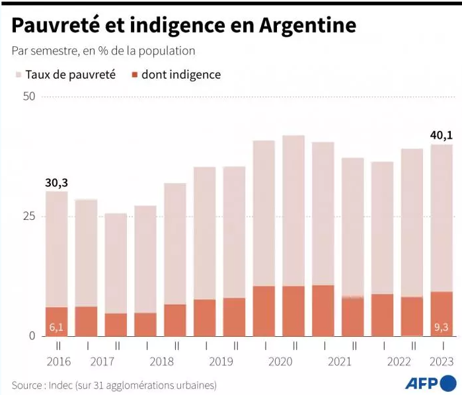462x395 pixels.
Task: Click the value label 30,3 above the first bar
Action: pyautogui.click(x=56, y=182)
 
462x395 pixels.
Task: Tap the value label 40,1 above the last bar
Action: pyautogui.click(x=442, y=135)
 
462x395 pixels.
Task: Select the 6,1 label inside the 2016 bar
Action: pyautogui.click(x=56, y=327)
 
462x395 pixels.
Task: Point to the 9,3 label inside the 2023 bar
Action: pyautogui.click(x=442, y=326)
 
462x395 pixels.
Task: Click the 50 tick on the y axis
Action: pyautogui.click(x=28, y=96)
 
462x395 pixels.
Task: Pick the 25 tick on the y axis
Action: pyautogui.click(x=28, y=216)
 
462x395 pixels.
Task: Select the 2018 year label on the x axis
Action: pyautogui.click(x=161, y=362)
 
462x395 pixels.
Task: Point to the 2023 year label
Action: pyautogui.click(x=442, y=362)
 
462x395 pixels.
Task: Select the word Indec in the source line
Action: pyautogui.click(x=66, y=384)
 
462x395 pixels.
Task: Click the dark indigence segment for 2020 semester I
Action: pyautogui.click(x=264, y=311)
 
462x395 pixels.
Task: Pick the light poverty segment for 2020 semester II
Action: pyautogui.click(x=293, y=211)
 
